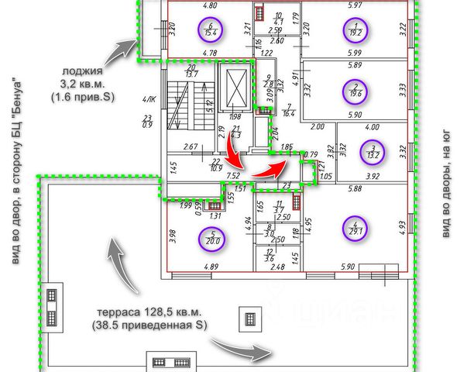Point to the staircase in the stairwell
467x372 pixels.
point(181,108)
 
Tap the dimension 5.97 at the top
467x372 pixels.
point(355,5)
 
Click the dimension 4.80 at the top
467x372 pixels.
point(209,5)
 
